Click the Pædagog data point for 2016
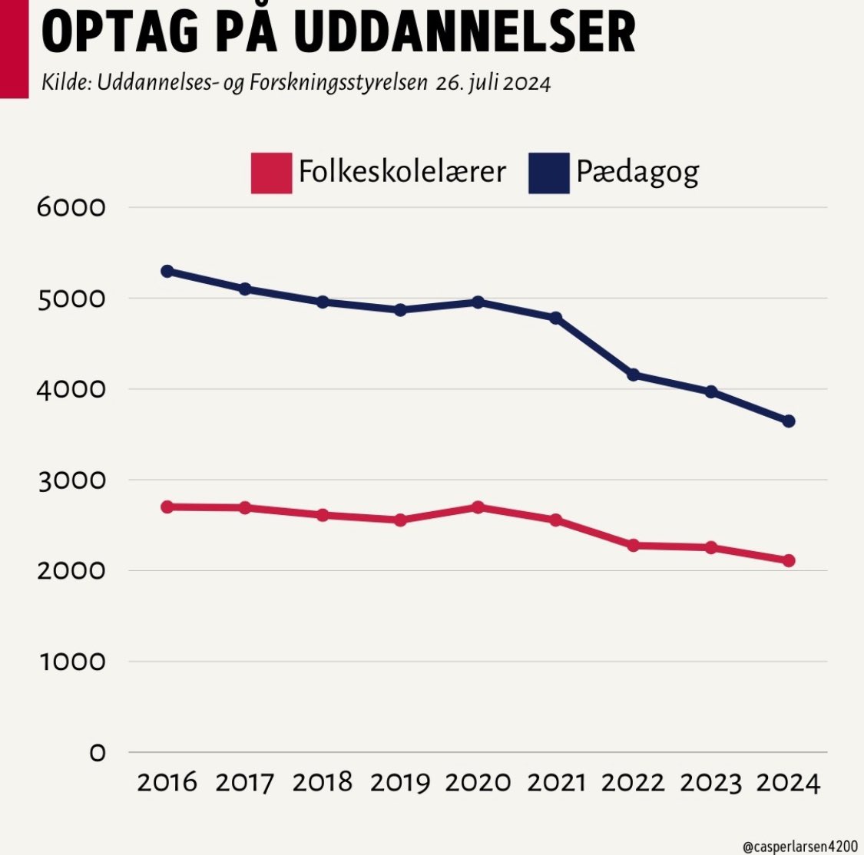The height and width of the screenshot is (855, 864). click(x=167, y=271)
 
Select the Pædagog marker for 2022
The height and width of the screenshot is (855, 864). click(x=634, y=375)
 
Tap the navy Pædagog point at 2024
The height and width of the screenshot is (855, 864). click(x=789, y=421)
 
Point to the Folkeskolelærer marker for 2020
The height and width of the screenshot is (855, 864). click(x=478, y=507)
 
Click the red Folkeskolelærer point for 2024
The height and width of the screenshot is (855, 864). click(x=789, y=560)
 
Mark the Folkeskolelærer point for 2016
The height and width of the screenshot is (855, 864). click(x=167, y=507)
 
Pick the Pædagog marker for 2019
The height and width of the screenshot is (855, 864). click(x=400, y=310)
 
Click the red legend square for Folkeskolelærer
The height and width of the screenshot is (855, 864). click(x=271, y=173)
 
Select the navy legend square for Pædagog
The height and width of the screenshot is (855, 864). click(x=549, y=173)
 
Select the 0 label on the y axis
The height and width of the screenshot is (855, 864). click(x=97, y=753)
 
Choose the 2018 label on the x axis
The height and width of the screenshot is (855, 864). click(x=323, y=783)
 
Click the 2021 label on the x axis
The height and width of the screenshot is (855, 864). click(x=556, y=783)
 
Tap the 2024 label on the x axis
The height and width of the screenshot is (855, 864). click(x=789, y=783)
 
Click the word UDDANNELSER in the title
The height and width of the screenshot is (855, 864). click(x=465, y=32)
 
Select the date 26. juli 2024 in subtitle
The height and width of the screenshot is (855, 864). click(x=493, y=83)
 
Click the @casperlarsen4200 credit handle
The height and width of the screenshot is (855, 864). click(x=800, y=845)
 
